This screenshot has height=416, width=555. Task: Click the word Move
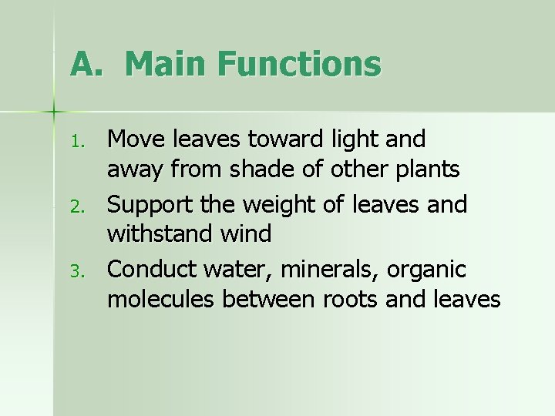pyautogui.click(x=136, y=139)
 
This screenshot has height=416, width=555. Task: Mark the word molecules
pyautogui.click(x=161, y=299)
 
